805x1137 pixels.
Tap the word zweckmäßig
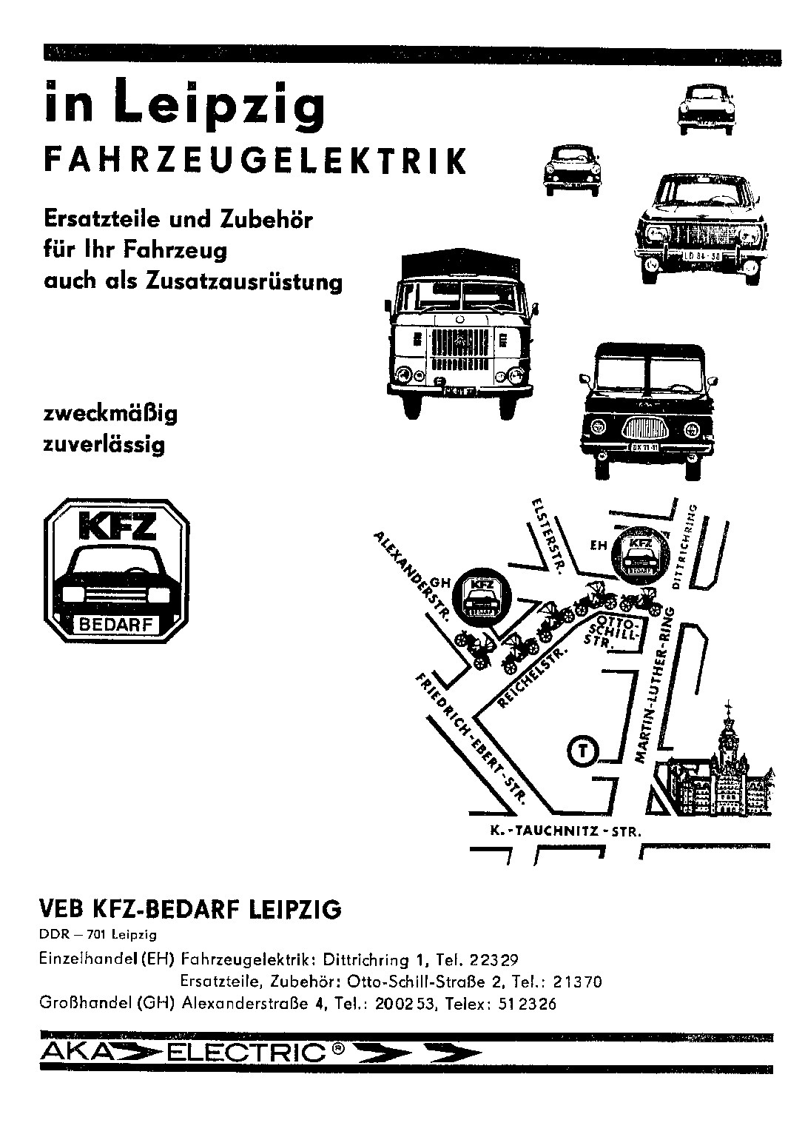[x=110, y=414]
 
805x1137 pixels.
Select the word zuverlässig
[x=104, y=446]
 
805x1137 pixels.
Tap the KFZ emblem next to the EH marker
[x=640, y=554]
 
